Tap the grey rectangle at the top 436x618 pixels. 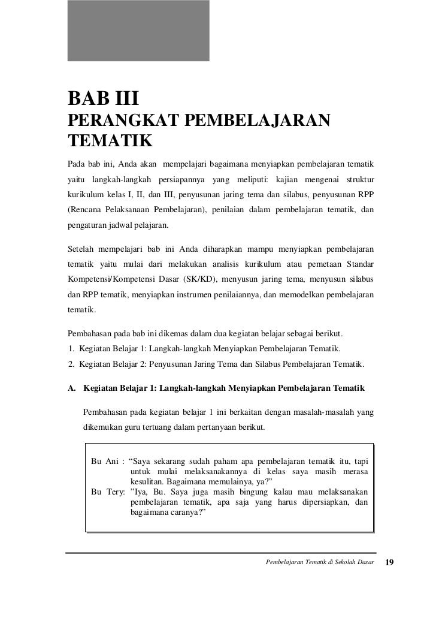(x=138, y=30)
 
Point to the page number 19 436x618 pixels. (x=389, y=563)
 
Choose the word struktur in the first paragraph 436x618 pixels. (x=358, y=180)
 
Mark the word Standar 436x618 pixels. (x=358, y=263)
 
